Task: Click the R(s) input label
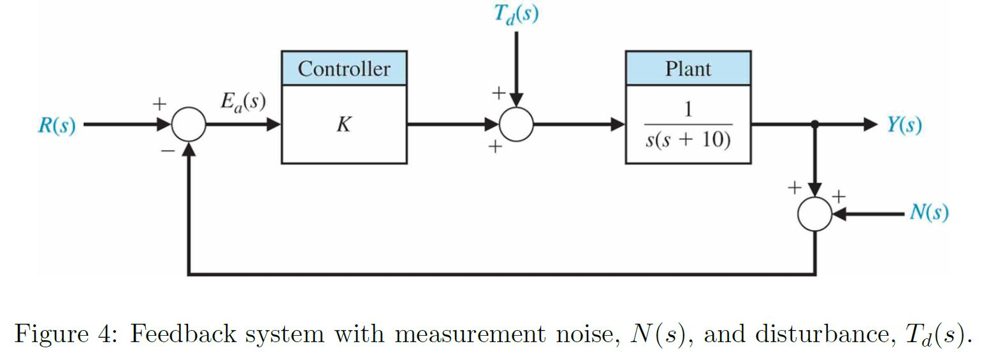[56, 126]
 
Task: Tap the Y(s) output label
[904, 125]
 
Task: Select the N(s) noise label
[928, 212]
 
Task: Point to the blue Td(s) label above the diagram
[516, 14]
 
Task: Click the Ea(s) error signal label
[243, 103]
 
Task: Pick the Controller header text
[344, 69]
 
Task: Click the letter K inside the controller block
[343, 125]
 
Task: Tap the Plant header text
[688, 69]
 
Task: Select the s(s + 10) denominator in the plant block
[688, 139]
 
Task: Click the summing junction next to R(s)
[189, 124]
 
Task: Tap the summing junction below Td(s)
[516, 124]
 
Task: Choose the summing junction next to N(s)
[814, 213]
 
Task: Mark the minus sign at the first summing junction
[167, 150]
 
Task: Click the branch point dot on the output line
[814, 124]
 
